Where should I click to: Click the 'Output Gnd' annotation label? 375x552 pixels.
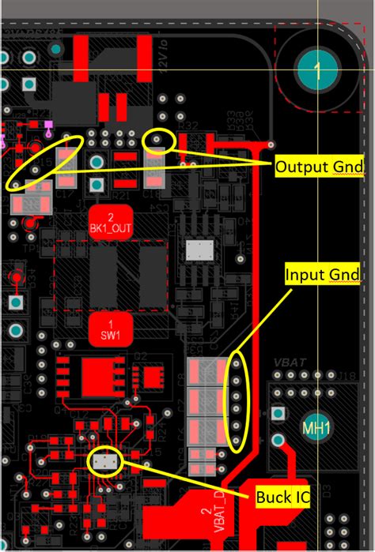tap(318, 167)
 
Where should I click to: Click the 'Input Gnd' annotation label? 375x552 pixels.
tap(321, 274)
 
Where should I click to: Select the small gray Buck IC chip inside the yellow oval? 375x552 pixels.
tap(104, 461)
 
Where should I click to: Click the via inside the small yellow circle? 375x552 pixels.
tap(159, 140)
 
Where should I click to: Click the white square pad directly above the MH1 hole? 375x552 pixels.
tap(277, 413)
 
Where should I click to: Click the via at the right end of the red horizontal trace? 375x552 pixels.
tap(271, 145)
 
